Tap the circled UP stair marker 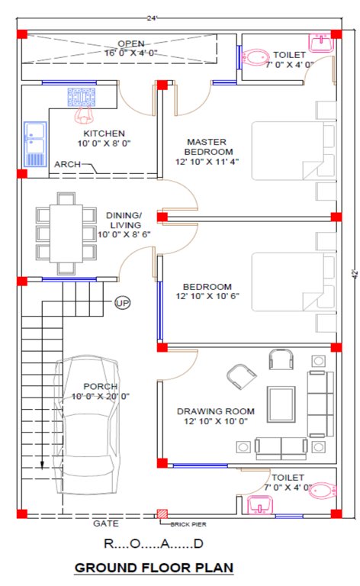pyautogui.click(x=122, y=303)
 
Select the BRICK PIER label pyautogui.click(x=188, y=524)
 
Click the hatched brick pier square pyautogui.click(x=162, y=515)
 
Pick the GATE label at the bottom pyautogui.click(x=105, y=524)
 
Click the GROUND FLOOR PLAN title pyautogui.click(x=153, y=568)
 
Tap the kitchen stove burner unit pyautogui.click(x=81, y=97)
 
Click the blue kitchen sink pyautogui.click(x=36, y=144)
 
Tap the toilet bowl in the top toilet pyautogui.click(x=256, y=54)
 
